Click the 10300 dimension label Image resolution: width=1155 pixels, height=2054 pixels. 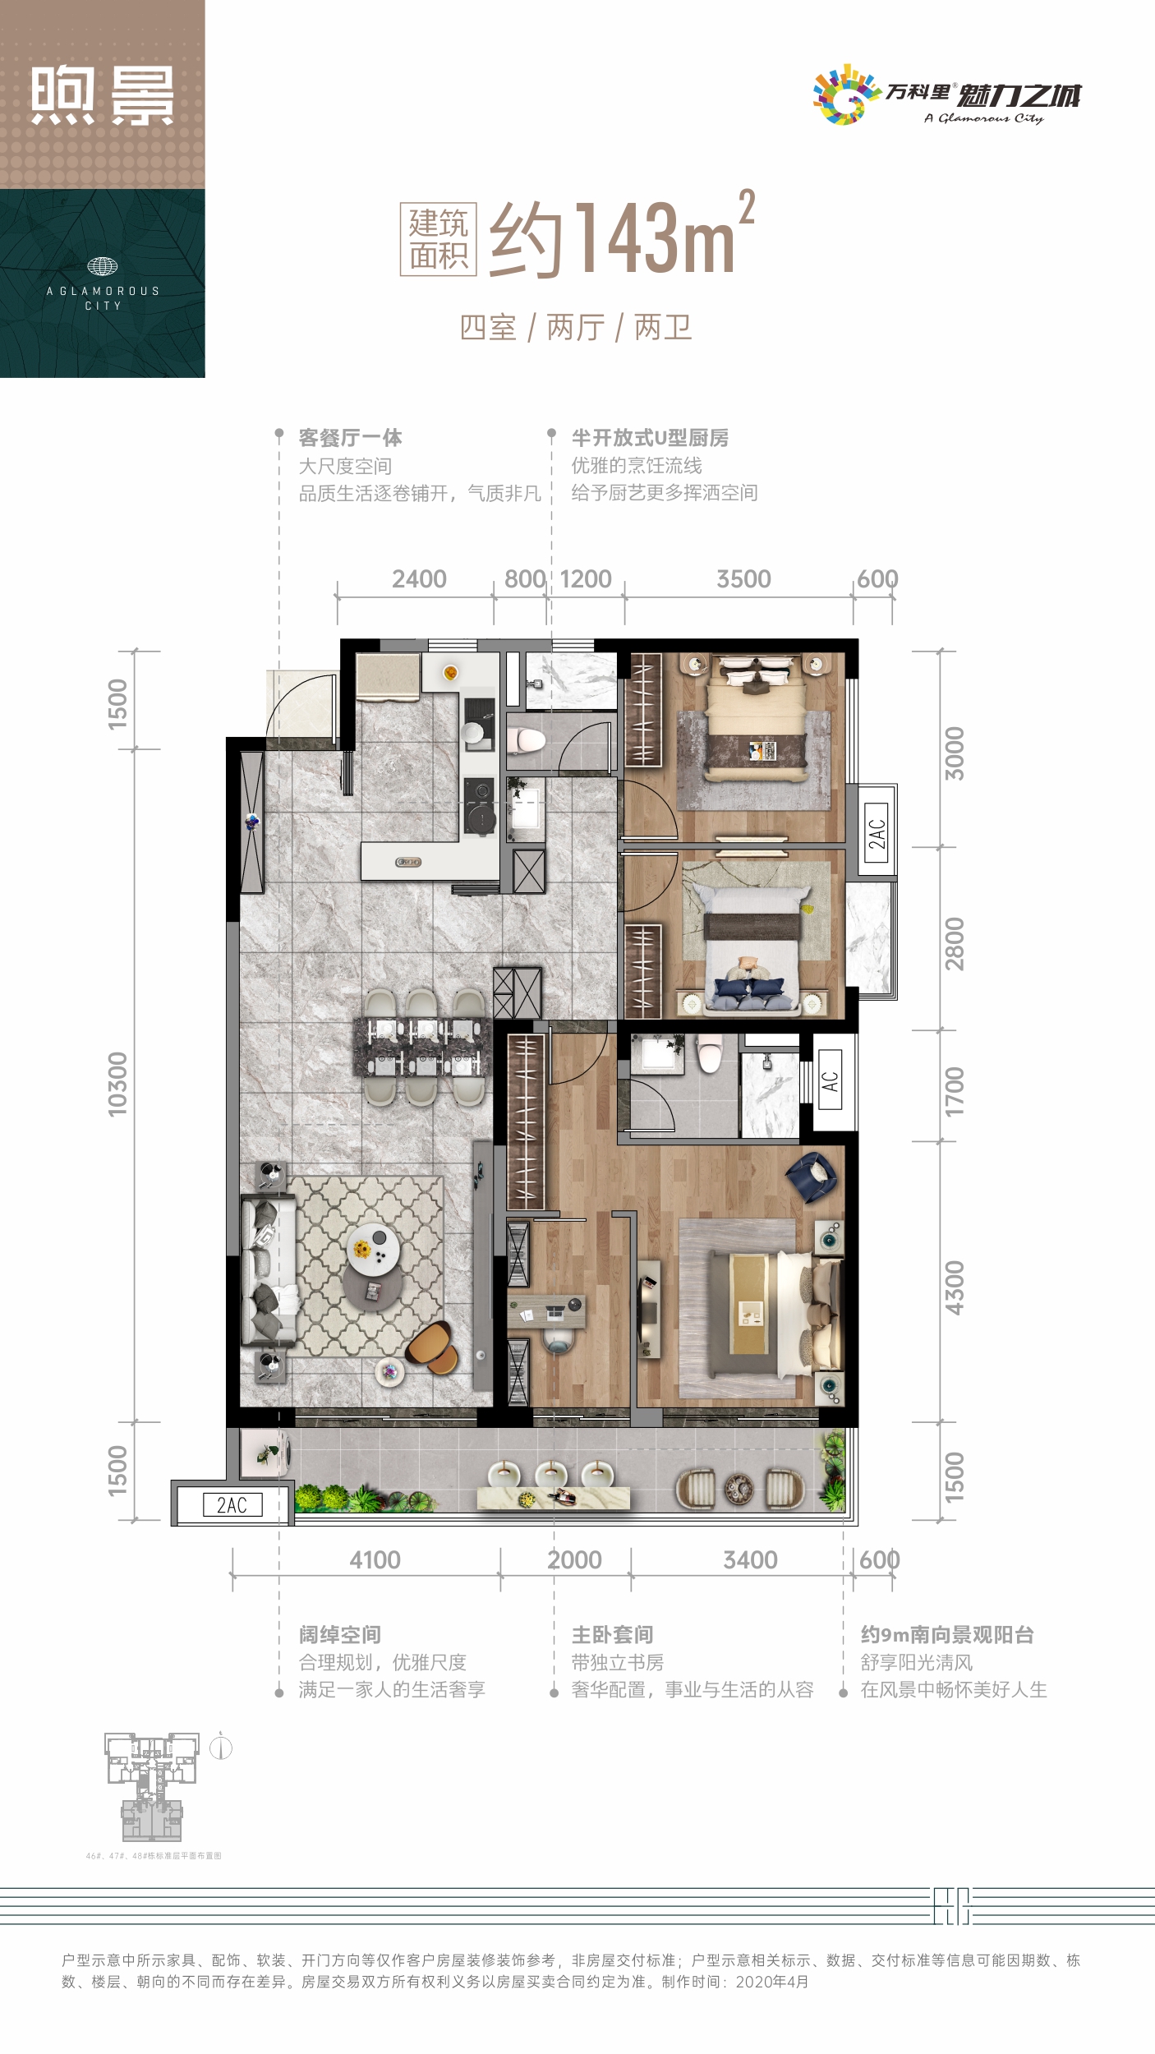(117, 1084)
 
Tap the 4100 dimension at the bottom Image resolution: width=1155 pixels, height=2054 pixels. (375, 1559)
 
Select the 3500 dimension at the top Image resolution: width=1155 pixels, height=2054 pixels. (743, 578)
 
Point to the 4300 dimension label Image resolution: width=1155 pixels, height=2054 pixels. (954, 1287)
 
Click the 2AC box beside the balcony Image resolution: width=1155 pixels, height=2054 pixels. (232, 1504)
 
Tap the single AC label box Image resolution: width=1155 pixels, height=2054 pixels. (831, 1080)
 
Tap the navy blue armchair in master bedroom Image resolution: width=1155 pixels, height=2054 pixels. (812, 1177)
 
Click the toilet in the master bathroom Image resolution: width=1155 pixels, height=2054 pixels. (711, 1052)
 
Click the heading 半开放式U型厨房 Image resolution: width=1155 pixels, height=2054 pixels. (650, 438)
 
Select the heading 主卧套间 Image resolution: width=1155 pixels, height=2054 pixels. (612, 1634)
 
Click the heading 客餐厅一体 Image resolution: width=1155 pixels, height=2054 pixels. (350, 438)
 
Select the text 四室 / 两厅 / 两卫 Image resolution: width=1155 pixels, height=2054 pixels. (576, 327)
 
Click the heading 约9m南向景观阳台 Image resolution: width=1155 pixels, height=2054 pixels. (946, 1634)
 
